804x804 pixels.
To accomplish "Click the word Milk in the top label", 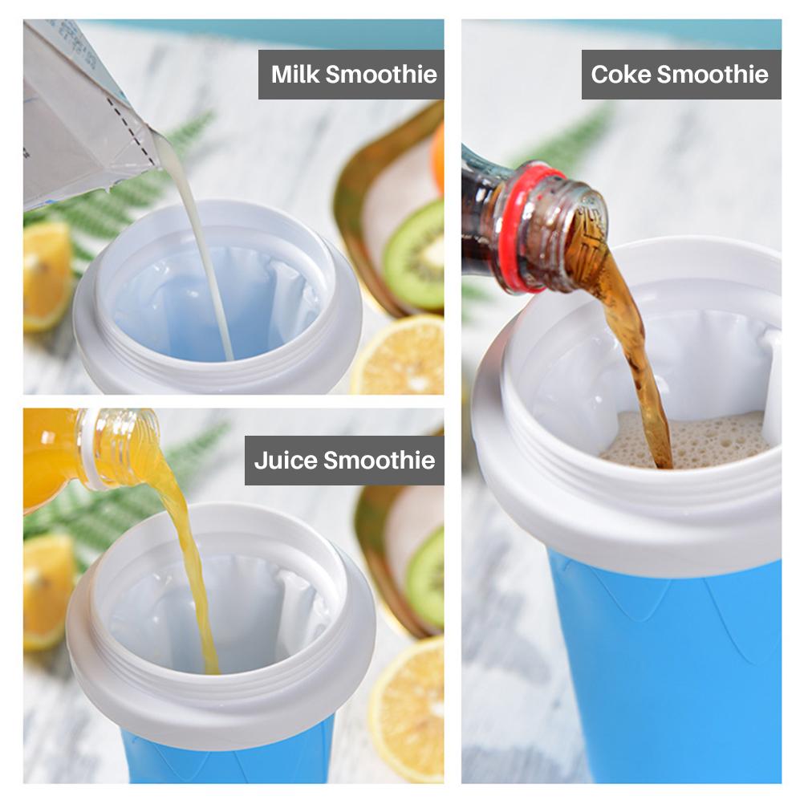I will click(296, 75).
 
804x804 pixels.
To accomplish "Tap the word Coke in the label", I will click(620, 75).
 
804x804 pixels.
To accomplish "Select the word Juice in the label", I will click(282, 461).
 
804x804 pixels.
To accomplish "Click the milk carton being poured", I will click(80, 112).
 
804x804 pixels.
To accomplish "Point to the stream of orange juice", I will click(189, 562).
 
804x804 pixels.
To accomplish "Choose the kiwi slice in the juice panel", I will click(425, 578).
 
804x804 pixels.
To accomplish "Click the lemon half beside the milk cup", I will click(401, 357).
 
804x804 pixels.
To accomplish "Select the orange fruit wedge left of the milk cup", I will click(44, 273).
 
